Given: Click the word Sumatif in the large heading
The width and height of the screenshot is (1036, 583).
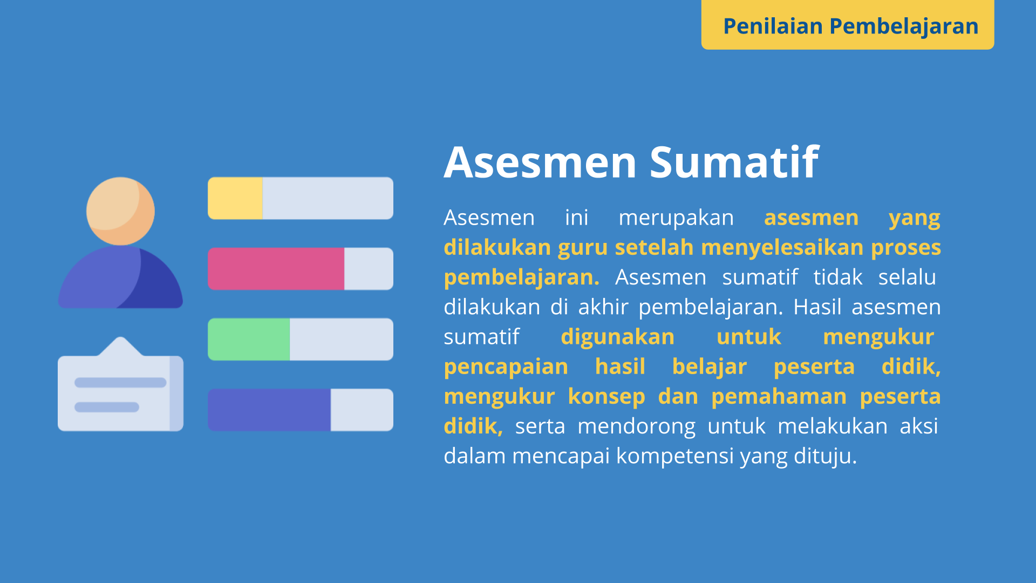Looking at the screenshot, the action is click(x=734, y=162).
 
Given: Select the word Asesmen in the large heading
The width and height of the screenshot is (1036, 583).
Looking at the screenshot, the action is click(x=540, y=162).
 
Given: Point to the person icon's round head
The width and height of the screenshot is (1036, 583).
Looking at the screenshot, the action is click(x=120, y=211).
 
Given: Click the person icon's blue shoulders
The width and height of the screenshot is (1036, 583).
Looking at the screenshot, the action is click(x=120, y=277).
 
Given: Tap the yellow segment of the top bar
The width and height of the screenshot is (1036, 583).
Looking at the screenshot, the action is click(x=235, y=198).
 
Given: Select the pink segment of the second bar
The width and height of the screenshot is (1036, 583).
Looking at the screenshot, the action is click(x=276, y=269).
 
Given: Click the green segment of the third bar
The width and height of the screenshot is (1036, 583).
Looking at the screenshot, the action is click(x=249, y=339).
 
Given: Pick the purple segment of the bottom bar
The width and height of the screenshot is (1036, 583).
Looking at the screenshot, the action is click(x=269, y=410).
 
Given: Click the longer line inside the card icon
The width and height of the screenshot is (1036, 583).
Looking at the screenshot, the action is click(x=120, y=383).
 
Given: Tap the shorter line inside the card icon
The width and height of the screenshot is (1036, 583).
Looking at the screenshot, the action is click(x=107, y=407).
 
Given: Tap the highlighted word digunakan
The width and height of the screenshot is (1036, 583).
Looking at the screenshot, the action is click(x=618, y=337).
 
